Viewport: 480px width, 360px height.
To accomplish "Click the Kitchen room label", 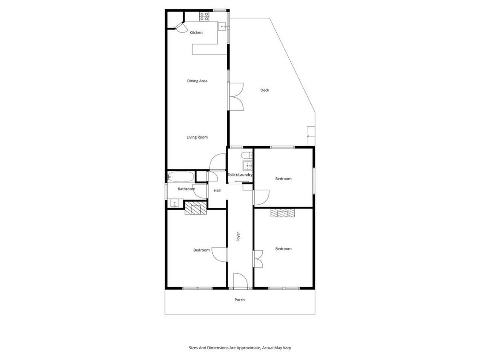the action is click(196, 32).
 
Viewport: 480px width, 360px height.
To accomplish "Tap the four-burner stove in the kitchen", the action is click(204, 17).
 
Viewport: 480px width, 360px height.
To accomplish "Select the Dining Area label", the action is click(197, 81).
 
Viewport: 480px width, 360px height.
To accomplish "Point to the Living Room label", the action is click(197, 137).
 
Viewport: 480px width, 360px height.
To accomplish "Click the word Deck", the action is click(265, 90).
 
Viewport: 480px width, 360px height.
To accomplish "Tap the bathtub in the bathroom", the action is click(180, 177).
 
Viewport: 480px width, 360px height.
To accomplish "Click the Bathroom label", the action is click(186, 189).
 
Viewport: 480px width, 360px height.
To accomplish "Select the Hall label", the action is click(217, 191).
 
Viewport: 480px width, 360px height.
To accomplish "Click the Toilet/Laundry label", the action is click(240, 175).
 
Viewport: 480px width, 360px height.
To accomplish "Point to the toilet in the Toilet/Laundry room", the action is click(247, 155).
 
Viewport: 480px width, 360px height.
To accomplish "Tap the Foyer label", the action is click(238, 237).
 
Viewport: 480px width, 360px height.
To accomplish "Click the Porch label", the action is click(240, 300).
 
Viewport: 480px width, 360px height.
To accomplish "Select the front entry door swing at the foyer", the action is click(240, 280).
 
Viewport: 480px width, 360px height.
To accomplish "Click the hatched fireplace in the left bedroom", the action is click(196, 208).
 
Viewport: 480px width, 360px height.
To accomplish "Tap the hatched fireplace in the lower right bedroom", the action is click(283, 213).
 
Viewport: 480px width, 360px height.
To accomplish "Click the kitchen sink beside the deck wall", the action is click(223, 27).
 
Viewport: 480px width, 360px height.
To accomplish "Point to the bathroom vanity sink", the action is click(175, 202).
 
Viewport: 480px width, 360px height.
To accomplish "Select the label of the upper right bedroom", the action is click(283, 179).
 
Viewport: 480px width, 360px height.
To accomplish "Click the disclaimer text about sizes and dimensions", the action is click(240, 348).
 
